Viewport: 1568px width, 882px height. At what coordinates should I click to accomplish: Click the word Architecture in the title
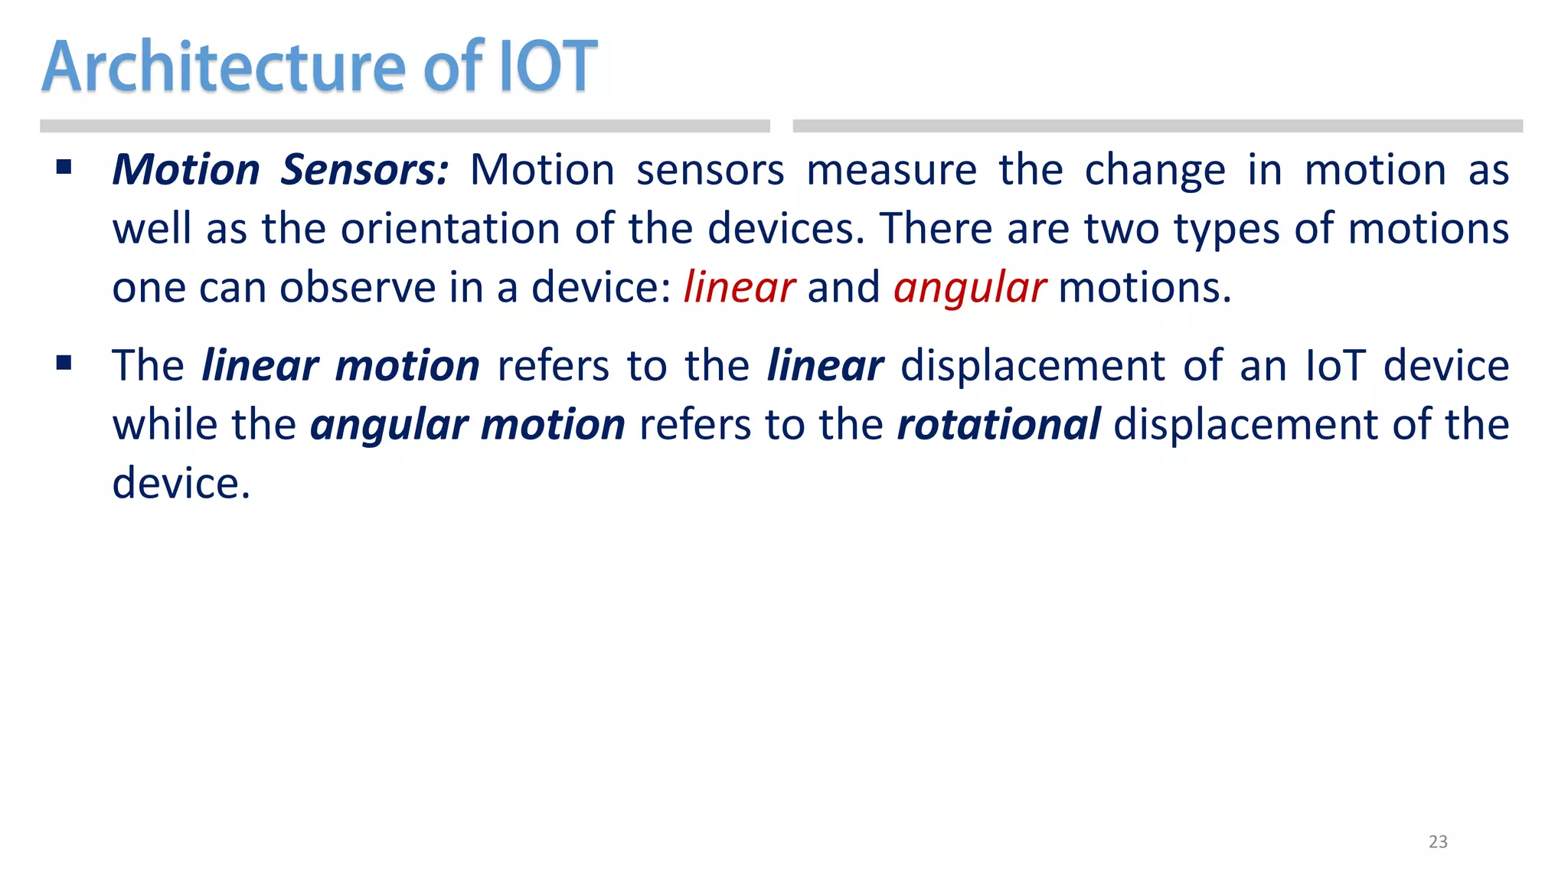click(223, 67)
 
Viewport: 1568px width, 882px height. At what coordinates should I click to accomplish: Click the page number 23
click(1438, 841)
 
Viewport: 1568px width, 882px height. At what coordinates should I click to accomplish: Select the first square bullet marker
click(64, 167)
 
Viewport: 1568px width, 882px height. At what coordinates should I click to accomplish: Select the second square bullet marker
click(64, 363)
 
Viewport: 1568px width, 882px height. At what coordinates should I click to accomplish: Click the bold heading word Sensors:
click(364, 169)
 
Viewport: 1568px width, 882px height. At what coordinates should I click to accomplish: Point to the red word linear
click(739, 288)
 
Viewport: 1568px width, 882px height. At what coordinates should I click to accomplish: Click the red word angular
click(969, 288)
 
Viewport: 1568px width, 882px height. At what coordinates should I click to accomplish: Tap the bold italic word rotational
click(998, 424)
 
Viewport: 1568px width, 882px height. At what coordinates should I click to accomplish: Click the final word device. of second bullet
click(181, 483)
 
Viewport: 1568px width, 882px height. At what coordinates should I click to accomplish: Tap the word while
click(165, 424)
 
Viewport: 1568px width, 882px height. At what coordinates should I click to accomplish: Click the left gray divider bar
click(404, 126)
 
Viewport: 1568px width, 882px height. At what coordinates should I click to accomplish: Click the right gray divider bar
click(1157, 126)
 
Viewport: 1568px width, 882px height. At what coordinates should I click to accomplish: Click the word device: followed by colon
click(600, 288)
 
